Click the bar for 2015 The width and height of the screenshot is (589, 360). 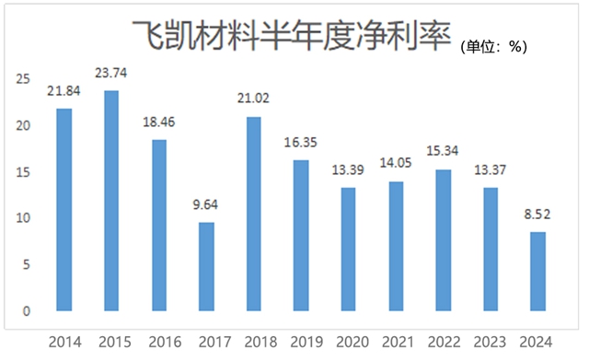111,201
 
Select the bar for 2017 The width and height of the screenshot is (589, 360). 206,266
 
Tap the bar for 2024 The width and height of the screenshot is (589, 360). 538,272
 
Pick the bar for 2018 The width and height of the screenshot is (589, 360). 254,214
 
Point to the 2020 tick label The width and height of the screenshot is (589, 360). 349,342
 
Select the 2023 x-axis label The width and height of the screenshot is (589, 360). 491,342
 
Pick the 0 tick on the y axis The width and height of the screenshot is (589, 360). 27,311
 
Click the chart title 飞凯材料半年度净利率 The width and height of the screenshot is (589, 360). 289,38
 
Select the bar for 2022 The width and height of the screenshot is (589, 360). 444,240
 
